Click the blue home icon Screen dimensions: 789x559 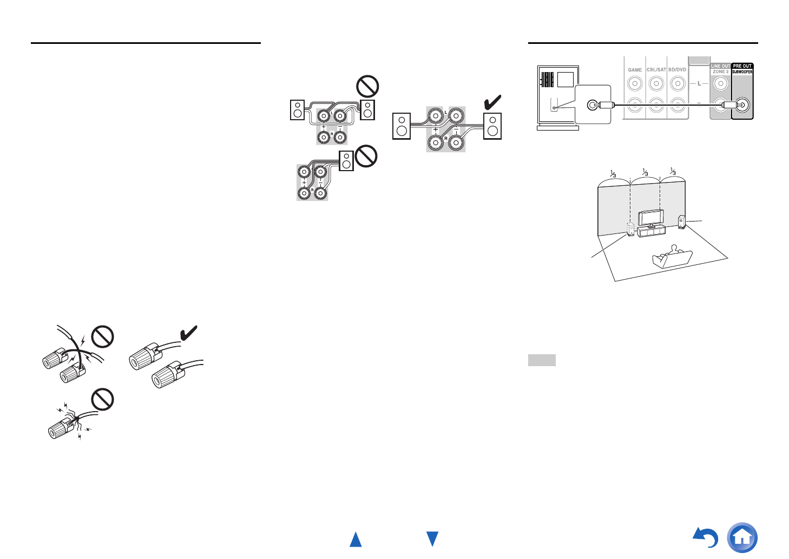pyautogui.click(x=742, y=537)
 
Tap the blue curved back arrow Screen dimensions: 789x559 pyautogui.click(x=706, y=537)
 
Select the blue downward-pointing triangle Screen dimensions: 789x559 pyautogui.click(x=432, y=539)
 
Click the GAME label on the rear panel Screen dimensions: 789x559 pyautogui.click(x=635, y=70)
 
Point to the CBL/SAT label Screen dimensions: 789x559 pyautogui.click(x=656, y=70)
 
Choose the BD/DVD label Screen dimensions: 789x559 pyautogui.click(x=678, y=70)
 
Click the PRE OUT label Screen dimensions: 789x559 pyautogui.click(x=742, y=66)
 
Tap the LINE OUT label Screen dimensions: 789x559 pyautogui.click(x=720, y=66)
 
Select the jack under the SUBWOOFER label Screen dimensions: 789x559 pyautogui.click(x=742, y=105)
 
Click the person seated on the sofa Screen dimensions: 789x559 pyautogui.click(x=673, y=250)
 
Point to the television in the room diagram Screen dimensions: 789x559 pyautogui.click(x=650, y=218)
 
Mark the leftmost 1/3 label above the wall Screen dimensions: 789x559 pyautogui.click(x=613, y=173)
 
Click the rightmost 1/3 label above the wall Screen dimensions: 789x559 pyautogui.click(x=673, y=172)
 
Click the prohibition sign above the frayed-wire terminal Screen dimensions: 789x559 pyautogui.click(x=102, y=400)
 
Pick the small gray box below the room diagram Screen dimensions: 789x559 pyautogui.click(x=542, y=360)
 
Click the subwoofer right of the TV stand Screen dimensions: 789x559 pyautogui.click(x=682, y=222)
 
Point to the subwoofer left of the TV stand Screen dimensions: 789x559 pyautogui.click(x=631, y=229)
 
